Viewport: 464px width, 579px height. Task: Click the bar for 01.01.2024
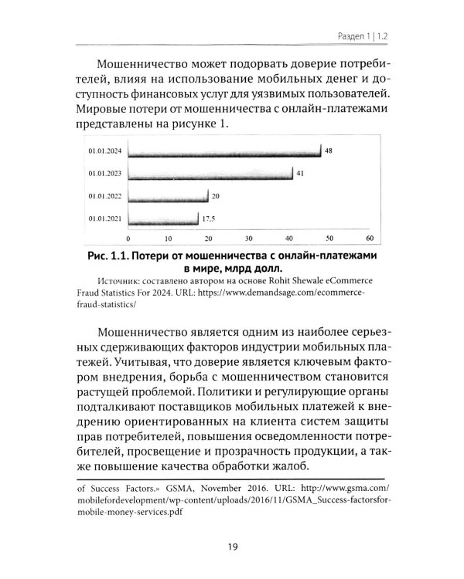(224, 151)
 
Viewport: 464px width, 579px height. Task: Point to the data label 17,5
(208, 218)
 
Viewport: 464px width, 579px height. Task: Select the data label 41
(300, 173)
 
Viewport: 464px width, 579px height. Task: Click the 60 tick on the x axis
(370, 238)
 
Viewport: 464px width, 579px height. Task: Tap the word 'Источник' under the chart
(122, 283)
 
